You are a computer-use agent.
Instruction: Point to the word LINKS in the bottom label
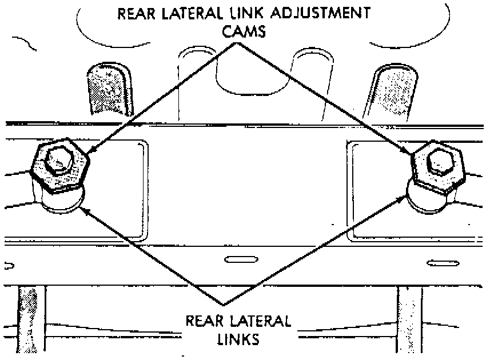pos(238,338)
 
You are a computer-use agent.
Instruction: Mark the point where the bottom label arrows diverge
pos(224,303)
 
